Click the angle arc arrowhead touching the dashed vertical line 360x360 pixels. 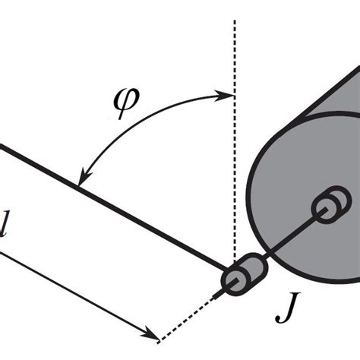228,94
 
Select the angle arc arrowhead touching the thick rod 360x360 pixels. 82,181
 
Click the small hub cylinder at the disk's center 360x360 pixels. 328,208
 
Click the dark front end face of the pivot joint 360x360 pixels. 233,282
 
